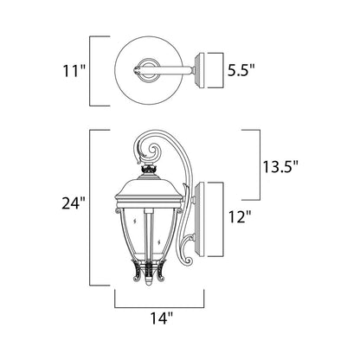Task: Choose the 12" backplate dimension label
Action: pyautogui.click(x=237, y=216)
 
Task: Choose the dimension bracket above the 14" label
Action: pyautogui.click(x=160, y=305)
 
